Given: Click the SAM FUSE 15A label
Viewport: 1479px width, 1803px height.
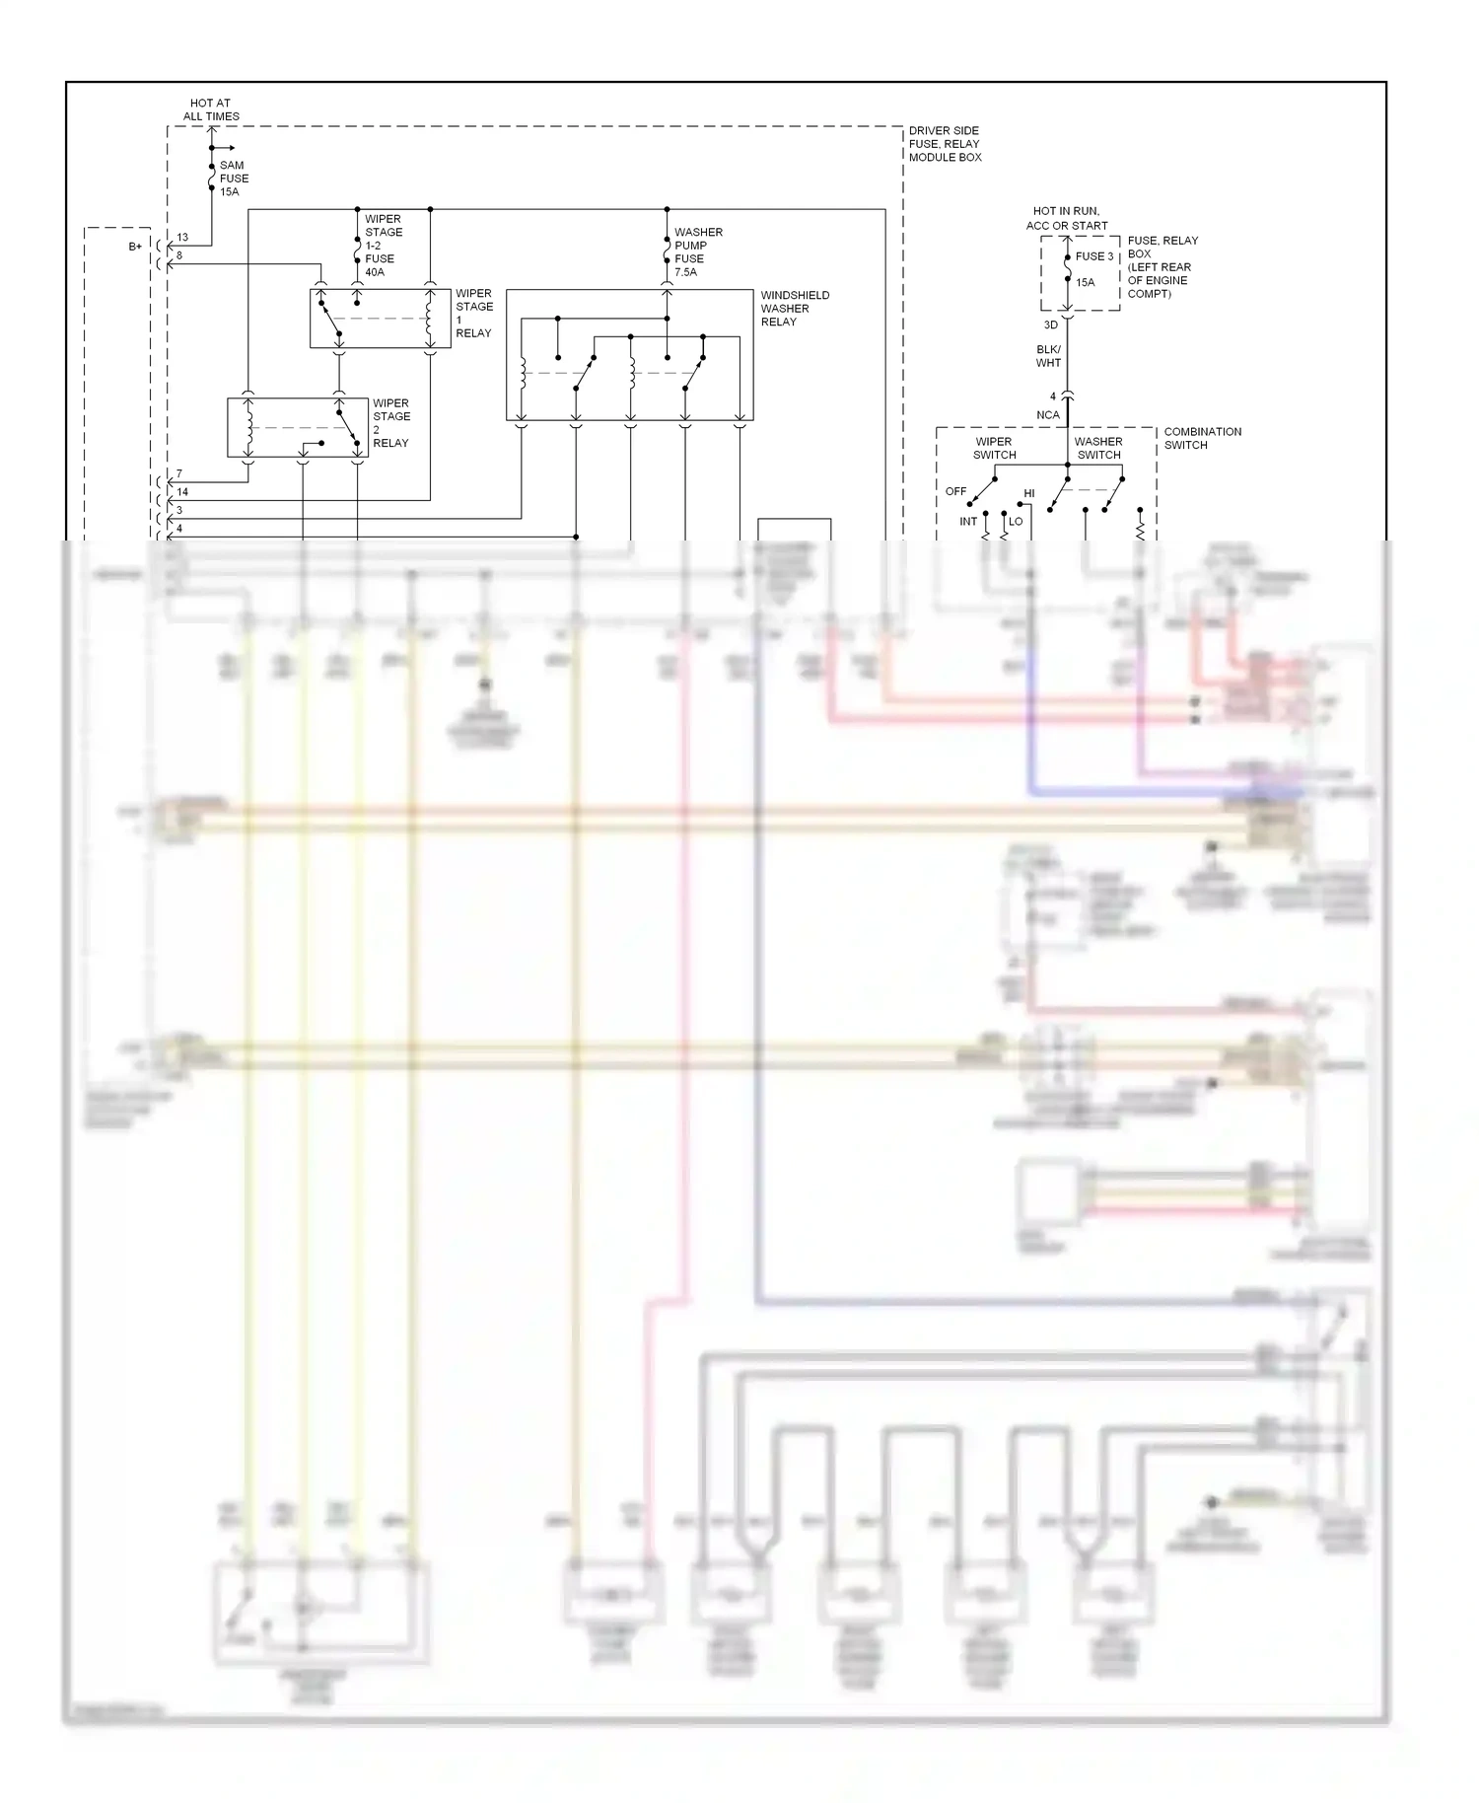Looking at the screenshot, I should [234, 179].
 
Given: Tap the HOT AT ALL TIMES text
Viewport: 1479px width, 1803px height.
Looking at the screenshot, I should [211, 109].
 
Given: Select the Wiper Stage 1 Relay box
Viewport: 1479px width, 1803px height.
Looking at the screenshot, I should [380, 319].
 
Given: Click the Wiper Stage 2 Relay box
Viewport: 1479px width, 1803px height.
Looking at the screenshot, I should [297, 427].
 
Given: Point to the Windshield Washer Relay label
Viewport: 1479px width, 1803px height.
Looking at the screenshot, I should [794, 308].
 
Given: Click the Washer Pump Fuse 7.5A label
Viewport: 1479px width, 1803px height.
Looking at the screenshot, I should [697, 252].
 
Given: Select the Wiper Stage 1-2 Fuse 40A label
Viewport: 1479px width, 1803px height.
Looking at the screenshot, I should [383, 246].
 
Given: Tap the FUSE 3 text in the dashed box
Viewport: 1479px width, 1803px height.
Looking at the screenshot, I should [1093, 256].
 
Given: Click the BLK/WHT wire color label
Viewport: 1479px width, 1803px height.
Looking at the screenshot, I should [1048, 356].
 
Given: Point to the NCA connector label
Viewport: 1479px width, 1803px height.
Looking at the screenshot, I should [1047, 415].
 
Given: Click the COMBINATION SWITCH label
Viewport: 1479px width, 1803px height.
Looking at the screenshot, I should [1202, 438].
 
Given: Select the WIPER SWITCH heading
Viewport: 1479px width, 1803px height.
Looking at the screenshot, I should [994, 448].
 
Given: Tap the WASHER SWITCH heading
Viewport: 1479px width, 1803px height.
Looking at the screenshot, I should [1098, 448].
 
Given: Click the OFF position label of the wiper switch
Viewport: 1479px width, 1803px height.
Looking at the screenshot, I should [955, 491].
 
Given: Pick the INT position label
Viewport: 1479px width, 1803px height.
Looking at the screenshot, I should [968, 522].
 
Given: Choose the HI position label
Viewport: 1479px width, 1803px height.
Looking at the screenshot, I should [1028, 493].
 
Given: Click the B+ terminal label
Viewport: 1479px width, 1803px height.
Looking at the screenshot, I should [135, 247].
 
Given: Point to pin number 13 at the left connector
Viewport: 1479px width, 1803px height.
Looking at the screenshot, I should [182, 238].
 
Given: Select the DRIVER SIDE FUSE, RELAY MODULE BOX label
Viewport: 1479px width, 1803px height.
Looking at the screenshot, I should [945, 144].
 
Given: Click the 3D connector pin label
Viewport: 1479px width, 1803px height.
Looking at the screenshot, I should [1050, 325].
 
